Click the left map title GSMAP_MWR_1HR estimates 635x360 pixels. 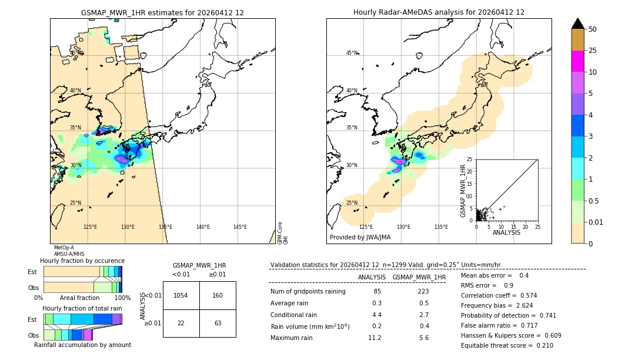pyautogui.click(x=162, y=12)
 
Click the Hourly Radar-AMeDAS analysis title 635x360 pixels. pyautogui.click(x=439, y=12)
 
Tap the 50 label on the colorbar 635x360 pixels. pyautogui.click(x=593, y=29)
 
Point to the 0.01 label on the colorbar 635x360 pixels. pyautogui.click(x=596, y=222)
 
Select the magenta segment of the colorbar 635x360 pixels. pyautogui.click(x=577, y=61)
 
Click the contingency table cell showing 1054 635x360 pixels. pyautogui.click(x=181, y=295)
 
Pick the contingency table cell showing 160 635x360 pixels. pyautogui.click(x=218, y=295)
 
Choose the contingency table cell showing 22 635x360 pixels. pyautogui.click(x=181, y=322)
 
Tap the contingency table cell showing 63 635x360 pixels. pyautogui.click(x=218, y=322)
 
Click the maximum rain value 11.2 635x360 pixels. pyautogui.click(x=375, y=338)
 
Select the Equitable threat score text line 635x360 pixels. pyautogui.click(x=507, y=345)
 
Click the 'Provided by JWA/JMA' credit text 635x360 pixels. pyautogui.click(x=360, y=238)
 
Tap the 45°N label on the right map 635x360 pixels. pyautogui.click(x=352, y=53)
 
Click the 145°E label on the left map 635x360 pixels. pyautogui.click(x=240, y=227)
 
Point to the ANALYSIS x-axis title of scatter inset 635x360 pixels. pyautogui.click(x=506, y=232)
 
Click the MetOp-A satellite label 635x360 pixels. pyautogui.click(x=63, y=248)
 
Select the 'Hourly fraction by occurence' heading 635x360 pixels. pyautogui.click(x=82, y=261)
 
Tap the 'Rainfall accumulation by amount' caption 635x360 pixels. pyautogui.click(x=82, y=345)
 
